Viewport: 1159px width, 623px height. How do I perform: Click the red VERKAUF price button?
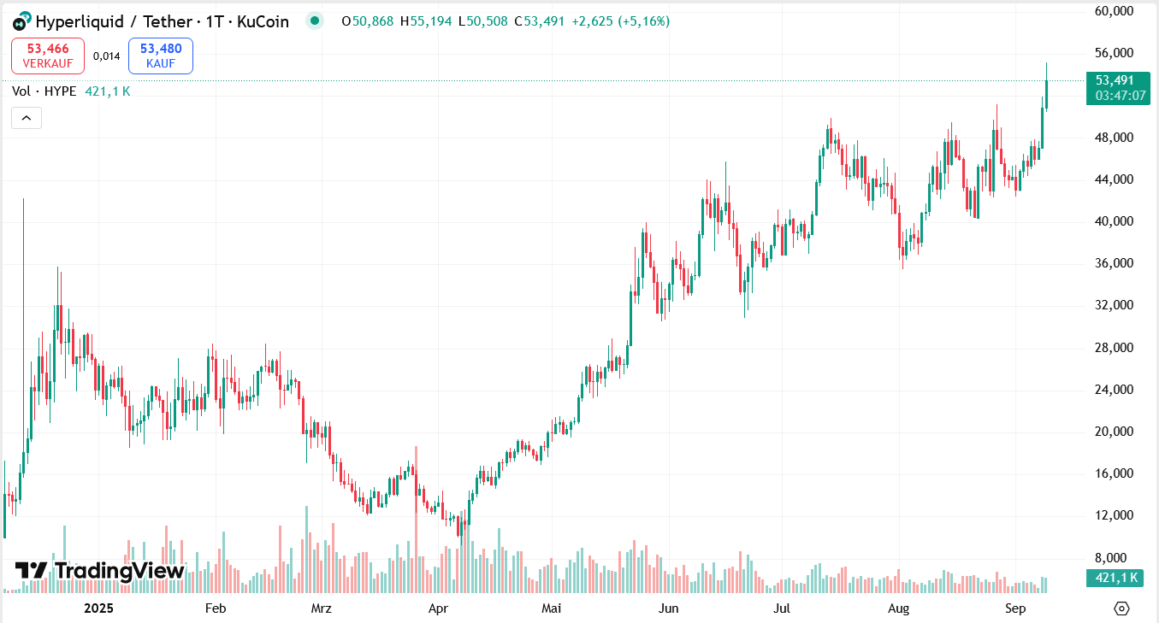click(x=48, y=56)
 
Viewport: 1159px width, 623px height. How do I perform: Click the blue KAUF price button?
click(x=161, y=56)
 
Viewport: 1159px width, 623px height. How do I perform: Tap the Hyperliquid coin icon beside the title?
click(x=21, y=21)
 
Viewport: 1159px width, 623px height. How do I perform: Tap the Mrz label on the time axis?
click(x=321, y=608)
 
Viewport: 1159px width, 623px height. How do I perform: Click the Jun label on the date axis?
click(x=669, y=608)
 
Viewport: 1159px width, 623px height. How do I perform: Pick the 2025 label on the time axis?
click(x=98, y=608)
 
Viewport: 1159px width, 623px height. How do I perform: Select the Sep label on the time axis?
click(x=1015, y=608)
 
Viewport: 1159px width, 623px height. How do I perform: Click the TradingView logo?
click(x=100, y=570)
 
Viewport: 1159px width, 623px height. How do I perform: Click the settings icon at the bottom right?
click(x=1122, y=608)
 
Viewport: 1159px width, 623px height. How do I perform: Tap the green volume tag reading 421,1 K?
click(x=1116, y=578)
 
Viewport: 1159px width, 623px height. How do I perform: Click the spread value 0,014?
click(x=107, y=56)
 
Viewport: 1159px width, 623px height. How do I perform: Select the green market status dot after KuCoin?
click(x=315, y=21)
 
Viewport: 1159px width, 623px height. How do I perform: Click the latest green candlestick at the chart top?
click(x=1046, y=94)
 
